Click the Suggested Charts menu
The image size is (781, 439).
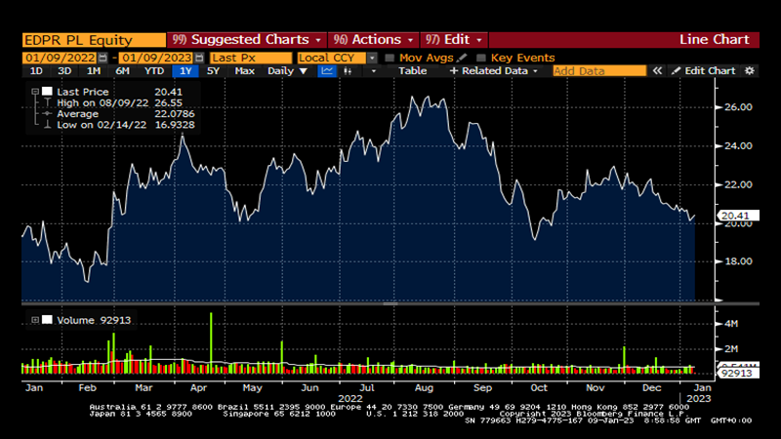pyautogui.click(x=246, y=40)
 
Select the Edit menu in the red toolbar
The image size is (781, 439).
pyautogui.click(x=457, y=40)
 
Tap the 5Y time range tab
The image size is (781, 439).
pyautogui.click(x=213, y=71)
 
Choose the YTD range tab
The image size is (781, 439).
pyautogui.click(x=153, y=71)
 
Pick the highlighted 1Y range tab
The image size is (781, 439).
pyautogui.click(x=185, y=71)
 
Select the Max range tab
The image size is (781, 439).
pyautogui.click(x=245, y=71)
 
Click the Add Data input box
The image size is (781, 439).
pyautogui.click(x=598, y=71)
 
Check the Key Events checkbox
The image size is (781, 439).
pyautogui.click(x=482, y=58)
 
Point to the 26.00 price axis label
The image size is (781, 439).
pyautogui.click(x=737, y=107)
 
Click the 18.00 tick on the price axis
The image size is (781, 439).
pyautogui.click(x=737, y=261)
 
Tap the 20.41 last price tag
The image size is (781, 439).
pyautogui.click(x=733, y=215)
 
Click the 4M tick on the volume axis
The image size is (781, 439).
pyautogui.click(x=729, y=323)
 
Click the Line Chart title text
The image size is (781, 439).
pyautogui.click(x=714, y=40)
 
